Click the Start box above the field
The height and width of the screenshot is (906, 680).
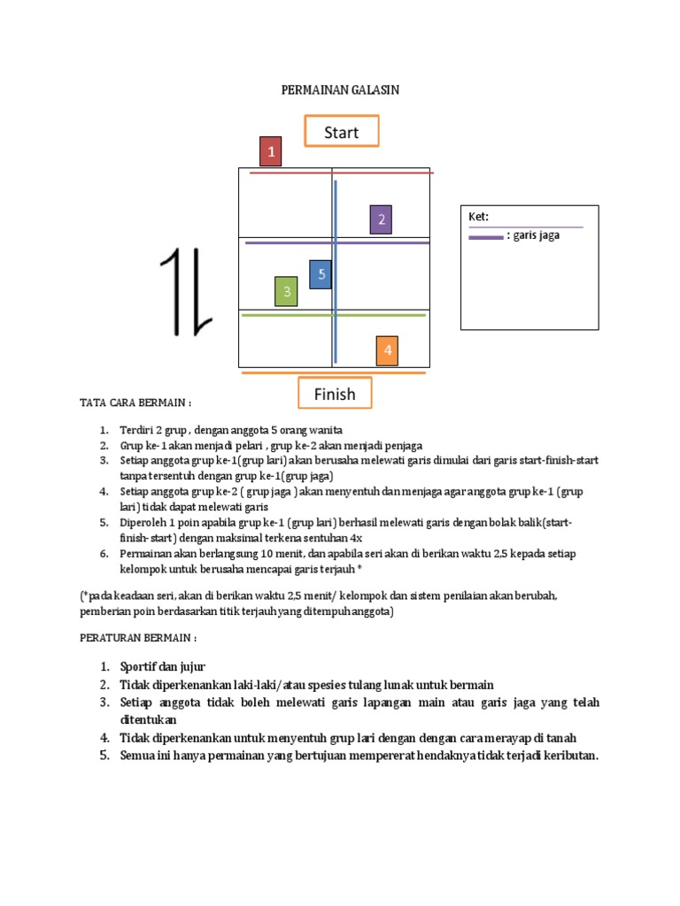[341, 132]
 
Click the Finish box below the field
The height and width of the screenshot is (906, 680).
[334, 394]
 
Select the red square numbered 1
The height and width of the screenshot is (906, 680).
[270, 151]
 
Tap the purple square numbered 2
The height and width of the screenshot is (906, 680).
[382, 219]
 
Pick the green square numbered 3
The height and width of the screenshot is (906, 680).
[286, 291]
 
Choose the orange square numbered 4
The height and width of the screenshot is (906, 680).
[387, 350]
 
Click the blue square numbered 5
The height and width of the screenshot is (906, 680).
[321, 274]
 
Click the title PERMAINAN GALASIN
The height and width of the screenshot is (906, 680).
[340, 89]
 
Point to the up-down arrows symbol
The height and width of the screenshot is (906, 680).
[186, 292]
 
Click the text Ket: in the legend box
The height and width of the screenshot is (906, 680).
[479, 217]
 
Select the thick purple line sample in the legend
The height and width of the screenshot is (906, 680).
[485, 237]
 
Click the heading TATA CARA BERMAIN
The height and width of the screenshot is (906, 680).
[136, 403]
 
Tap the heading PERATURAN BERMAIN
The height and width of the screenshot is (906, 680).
[137, 637]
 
